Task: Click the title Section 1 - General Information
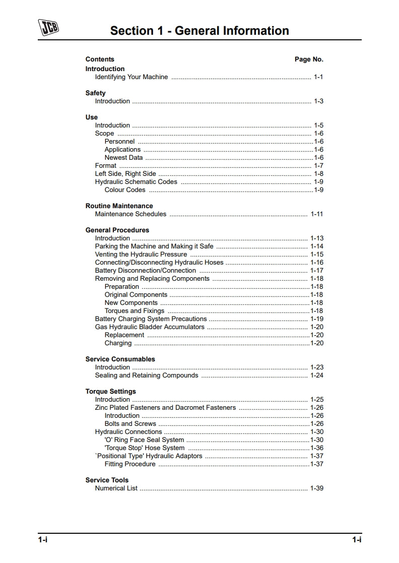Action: click(199, 31)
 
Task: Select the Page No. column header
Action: click(309, 59)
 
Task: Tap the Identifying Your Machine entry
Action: click(131, 77)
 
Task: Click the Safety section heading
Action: click(95, 93)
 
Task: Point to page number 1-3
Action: click(318, 101)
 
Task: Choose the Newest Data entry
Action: click(123, 158)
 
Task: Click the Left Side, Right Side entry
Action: click(125, 174)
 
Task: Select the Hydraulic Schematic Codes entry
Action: click(136, 182)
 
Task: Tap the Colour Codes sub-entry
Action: click(125, 190)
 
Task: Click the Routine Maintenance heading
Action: click(119, 206)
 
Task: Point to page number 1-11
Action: click(317, 214)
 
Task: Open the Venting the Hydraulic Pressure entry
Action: click(141, 255)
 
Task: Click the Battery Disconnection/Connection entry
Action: click(146, 271)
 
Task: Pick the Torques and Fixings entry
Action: click(135, 311)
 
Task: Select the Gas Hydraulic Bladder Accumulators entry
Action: click(150, 327)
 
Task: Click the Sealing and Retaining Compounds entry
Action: click(147, 376)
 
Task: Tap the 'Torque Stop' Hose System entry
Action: click(145, 448)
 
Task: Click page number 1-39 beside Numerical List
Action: click(317, 488)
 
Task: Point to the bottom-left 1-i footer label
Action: click(42, 540)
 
